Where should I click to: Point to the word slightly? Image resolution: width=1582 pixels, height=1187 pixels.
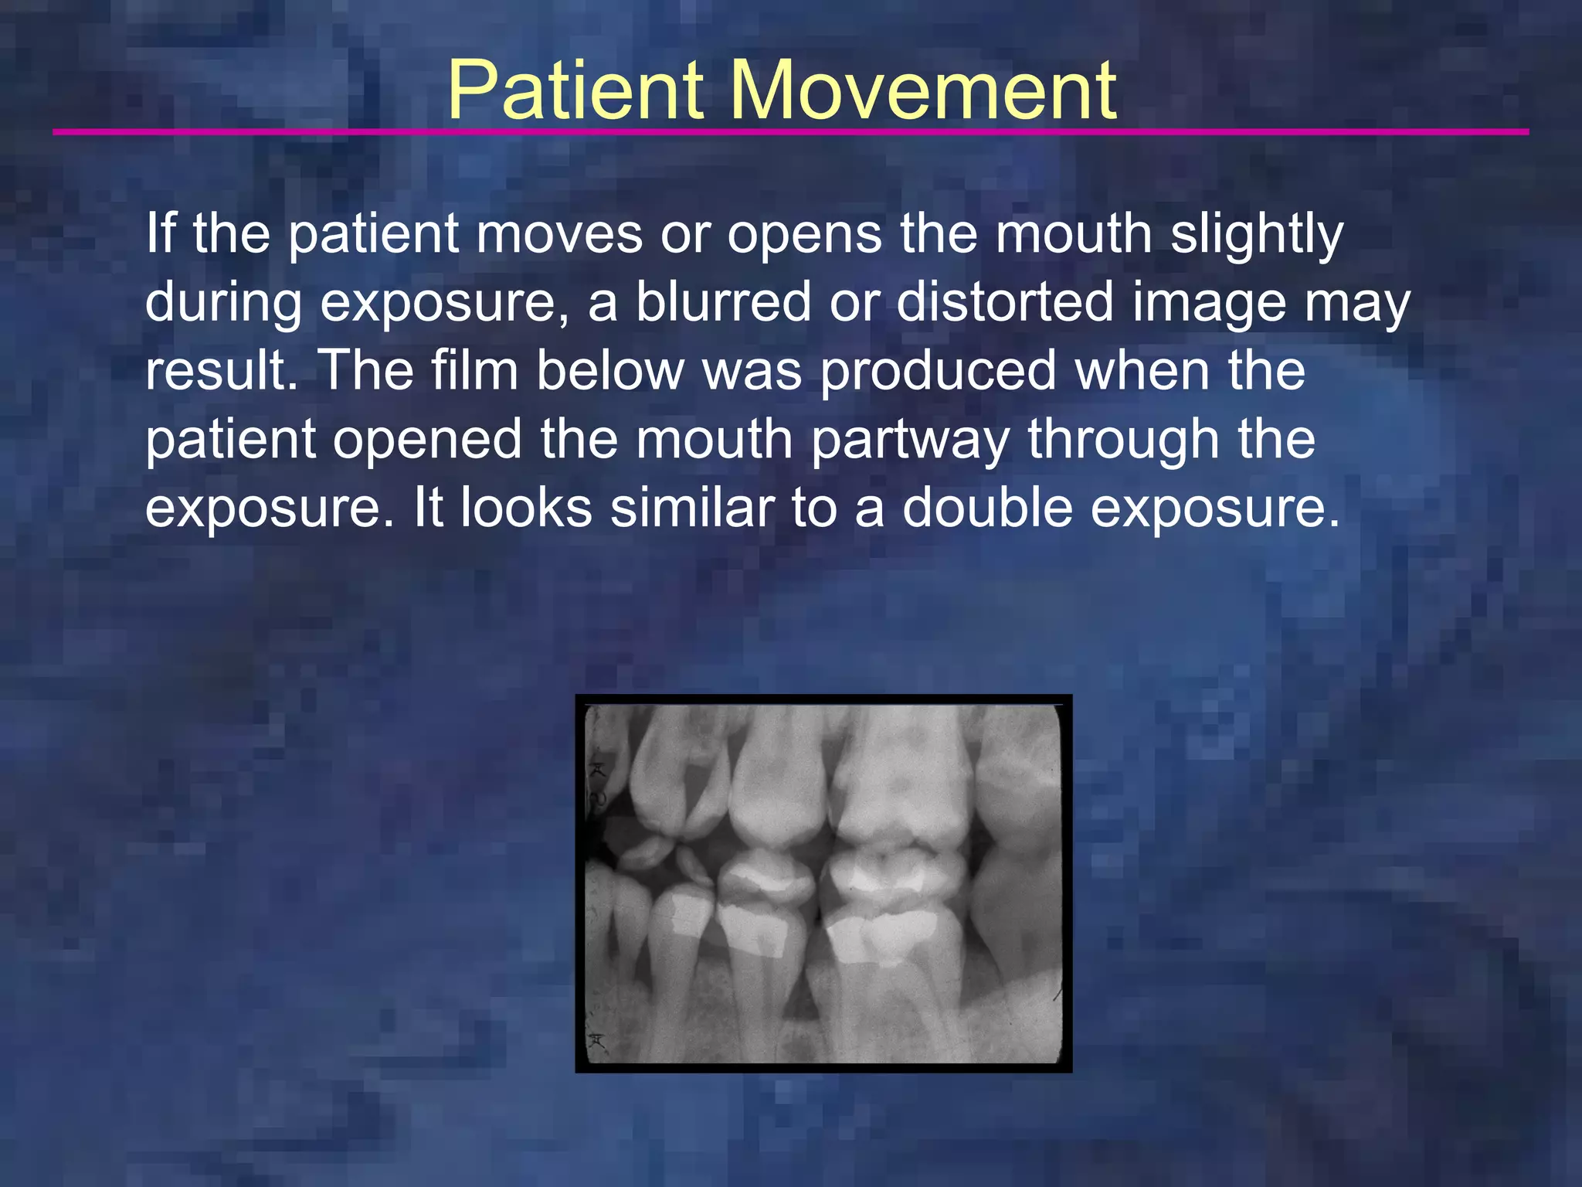pyautogui.click(x=1257, y=236)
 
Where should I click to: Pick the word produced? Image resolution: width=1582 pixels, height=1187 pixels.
pyautogui.click(x=938, y=372)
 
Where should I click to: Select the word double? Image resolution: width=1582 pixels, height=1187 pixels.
pyautogui.click(x=987, y=508)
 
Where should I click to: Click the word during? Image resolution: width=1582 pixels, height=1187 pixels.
pyautogui.click(x=223, y=304)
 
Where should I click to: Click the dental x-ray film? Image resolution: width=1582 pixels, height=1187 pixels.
pyautogui.click(x=823, y=883)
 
